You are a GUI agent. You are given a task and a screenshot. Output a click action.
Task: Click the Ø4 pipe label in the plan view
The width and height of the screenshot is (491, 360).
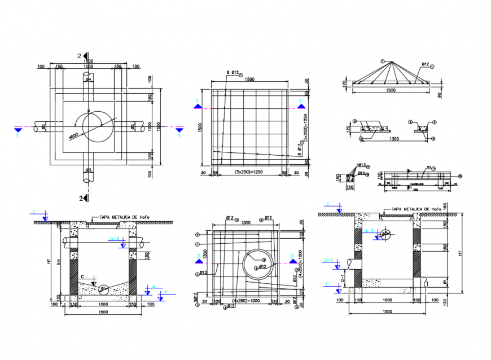coord(89,80)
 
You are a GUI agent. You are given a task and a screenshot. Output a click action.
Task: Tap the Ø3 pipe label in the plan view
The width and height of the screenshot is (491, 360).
coord(89,169)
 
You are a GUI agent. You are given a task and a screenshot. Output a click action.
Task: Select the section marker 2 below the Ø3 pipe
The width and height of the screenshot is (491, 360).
coord(83,198)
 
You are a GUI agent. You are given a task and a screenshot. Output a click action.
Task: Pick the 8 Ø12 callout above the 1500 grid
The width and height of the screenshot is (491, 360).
coord(234,73)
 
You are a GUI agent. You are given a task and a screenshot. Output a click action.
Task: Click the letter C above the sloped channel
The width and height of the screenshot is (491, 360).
coord(83,276)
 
